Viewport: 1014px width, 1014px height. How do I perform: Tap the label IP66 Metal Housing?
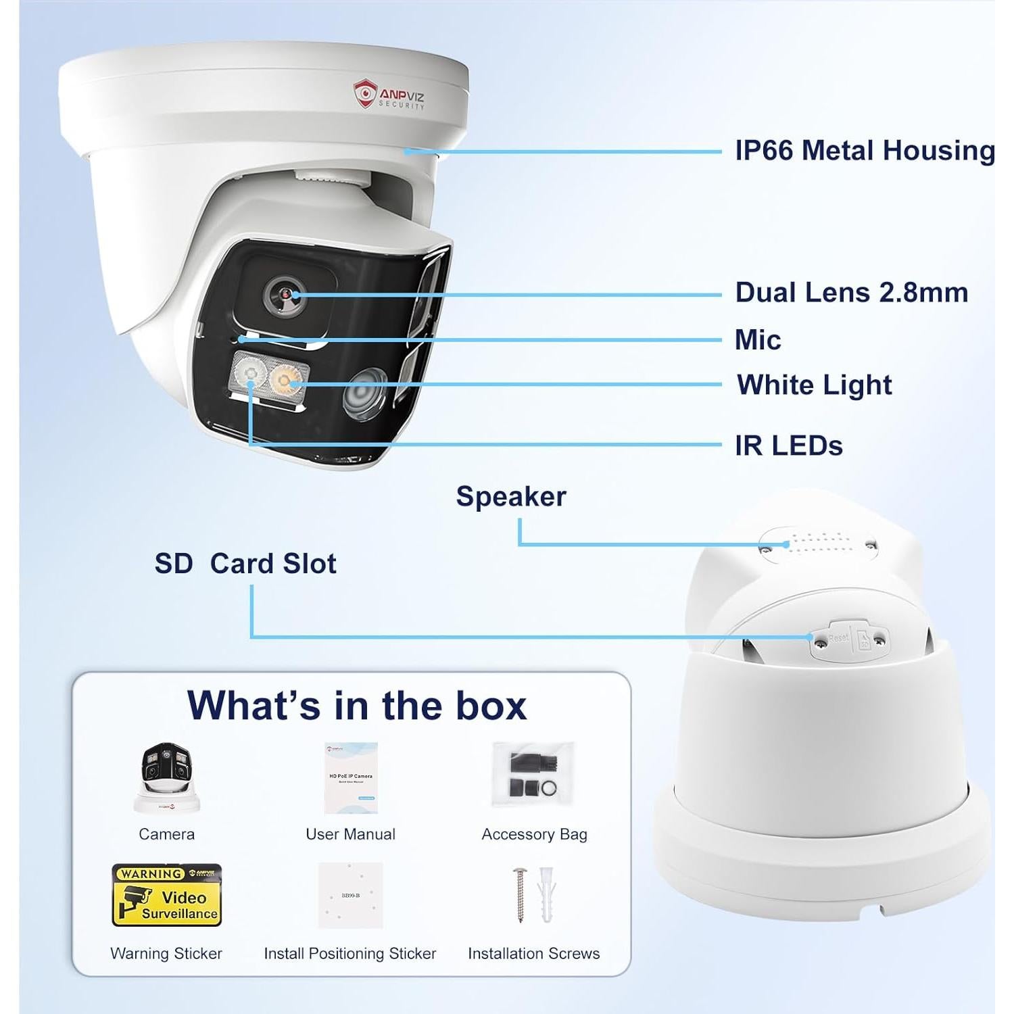pos(865,150)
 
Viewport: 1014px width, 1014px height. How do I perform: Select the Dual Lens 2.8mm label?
pos(851,293)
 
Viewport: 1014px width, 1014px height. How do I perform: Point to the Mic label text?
pos(757,339)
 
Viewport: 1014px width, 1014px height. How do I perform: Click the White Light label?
pos(814,385)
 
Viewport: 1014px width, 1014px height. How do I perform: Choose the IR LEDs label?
pos(788,445)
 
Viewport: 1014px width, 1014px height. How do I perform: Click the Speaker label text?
pos(511,496)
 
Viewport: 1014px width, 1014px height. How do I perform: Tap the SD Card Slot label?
pos(245,563)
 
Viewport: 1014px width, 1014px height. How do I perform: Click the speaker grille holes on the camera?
pos(820,543)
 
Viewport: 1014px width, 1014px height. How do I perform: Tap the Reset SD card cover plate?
pos(850,639)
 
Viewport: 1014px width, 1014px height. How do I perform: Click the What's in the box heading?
pos(356,705)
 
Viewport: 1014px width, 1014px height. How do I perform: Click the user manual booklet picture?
pos(350,777)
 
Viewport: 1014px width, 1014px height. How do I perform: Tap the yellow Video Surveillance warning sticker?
pos(166,894)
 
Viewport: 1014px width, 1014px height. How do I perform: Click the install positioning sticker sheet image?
pos(350,895)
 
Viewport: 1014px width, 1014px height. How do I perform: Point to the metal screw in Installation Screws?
pos(521,894)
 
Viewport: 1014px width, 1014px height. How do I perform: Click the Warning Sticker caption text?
pos(166,953)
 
